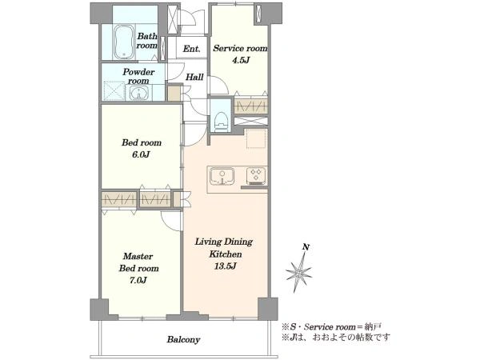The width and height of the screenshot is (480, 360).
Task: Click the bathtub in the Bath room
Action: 124,42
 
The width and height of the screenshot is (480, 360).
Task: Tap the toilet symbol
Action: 222,121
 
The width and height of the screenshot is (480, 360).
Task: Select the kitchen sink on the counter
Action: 222,177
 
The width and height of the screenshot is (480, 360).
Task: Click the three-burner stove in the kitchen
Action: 257,176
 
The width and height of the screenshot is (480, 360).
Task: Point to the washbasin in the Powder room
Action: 139,93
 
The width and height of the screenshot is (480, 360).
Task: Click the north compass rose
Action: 299,270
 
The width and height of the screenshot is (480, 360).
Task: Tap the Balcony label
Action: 183,340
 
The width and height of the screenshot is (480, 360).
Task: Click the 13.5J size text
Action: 226,266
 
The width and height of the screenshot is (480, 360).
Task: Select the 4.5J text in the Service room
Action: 241,60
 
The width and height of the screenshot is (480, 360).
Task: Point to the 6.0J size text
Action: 141,154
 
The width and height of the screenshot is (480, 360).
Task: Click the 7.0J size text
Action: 138,280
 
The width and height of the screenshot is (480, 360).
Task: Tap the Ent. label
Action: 192,49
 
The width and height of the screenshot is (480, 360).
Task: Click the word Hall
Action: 194,77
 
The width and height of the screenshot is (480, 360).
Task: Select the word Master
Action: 138,256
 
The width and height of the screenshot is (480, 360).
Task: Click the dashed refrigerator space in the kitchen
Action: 256,138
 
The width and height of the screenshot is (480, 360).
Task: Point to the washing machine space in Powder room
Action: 114,91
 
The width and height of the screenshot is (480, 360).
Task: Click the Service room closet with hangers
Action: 251,106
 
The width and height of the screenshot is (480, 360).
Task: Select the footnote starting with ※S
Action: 331,327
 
